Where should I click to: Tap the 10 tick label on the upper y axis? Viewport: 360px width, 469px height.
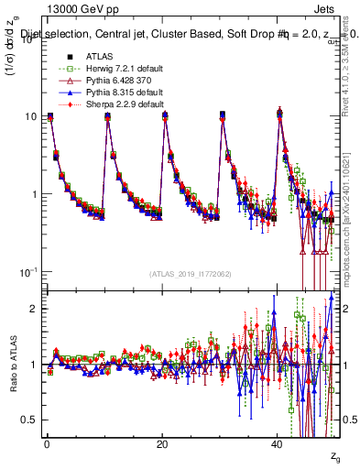(x=30, y=116)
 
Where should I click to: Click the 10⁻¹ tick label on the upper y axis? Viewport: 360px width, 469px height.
(x=27, y=272)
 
